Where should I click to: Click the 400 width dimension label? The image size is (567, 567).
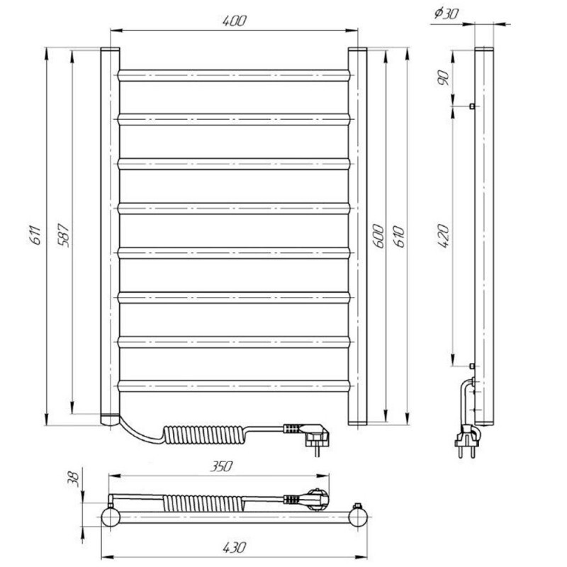[234, 21]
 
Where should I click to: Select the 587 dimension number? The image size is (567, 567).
[64, 235]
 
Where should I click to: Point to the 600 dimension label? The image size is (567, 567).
[378, 236]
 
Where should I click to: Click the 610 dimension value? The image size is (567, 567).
[400, 236]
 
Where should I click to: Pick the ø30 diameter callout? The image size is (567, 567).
[446, 13]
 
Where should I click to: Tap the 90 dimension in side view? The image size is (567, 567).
[444, 78]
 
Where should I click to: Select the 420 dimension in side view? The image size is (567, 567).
[444, 236]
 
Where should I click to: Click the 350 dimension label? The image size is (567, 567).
[221, 466]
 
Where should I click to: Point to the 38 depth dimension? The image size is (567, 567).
[74, 478]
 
